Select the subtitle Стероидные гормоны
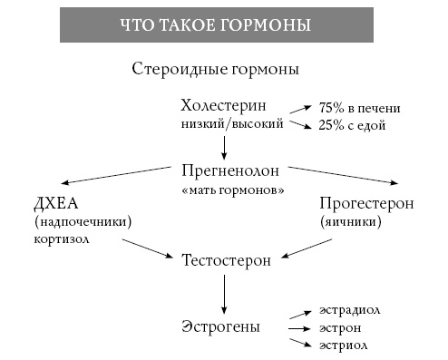tap(216, 69)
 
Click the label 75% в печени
tap(359, 108)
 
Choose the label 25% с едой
tap(353, 125)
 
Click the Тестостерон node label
tap(227, 260)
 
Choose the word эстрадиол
tap(349, 310)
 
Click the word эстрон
tap(340, 327)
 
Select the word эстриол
tap(342, 345)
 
